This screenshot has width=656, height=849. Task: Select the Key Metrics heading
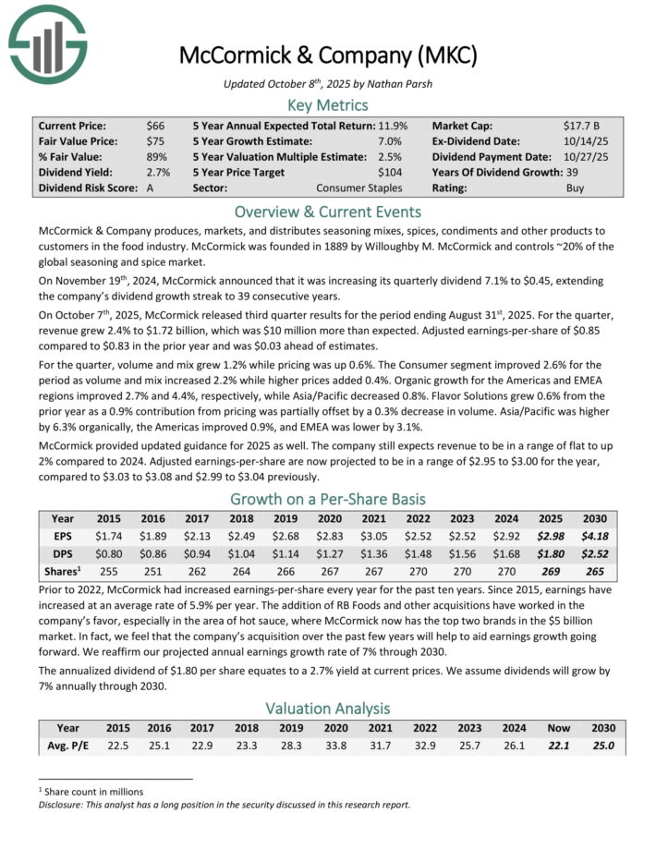click(328, 104)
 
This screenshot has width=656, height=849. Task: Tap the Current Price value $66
click(155, 125)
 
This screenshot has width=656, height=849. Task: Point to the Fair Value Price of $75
click(155, 140)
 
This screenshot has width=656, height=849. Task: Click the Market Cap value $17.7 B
click(582, 125)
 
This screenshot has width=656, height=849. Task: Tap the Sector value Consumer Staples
click(361, 188)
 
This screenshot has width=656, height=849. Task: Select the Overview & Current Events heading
click(328, 210)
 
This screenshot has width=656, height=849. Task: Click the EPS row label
click(63, 537)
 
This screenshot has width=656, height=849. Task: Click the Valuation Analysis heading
click(328, 709)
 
